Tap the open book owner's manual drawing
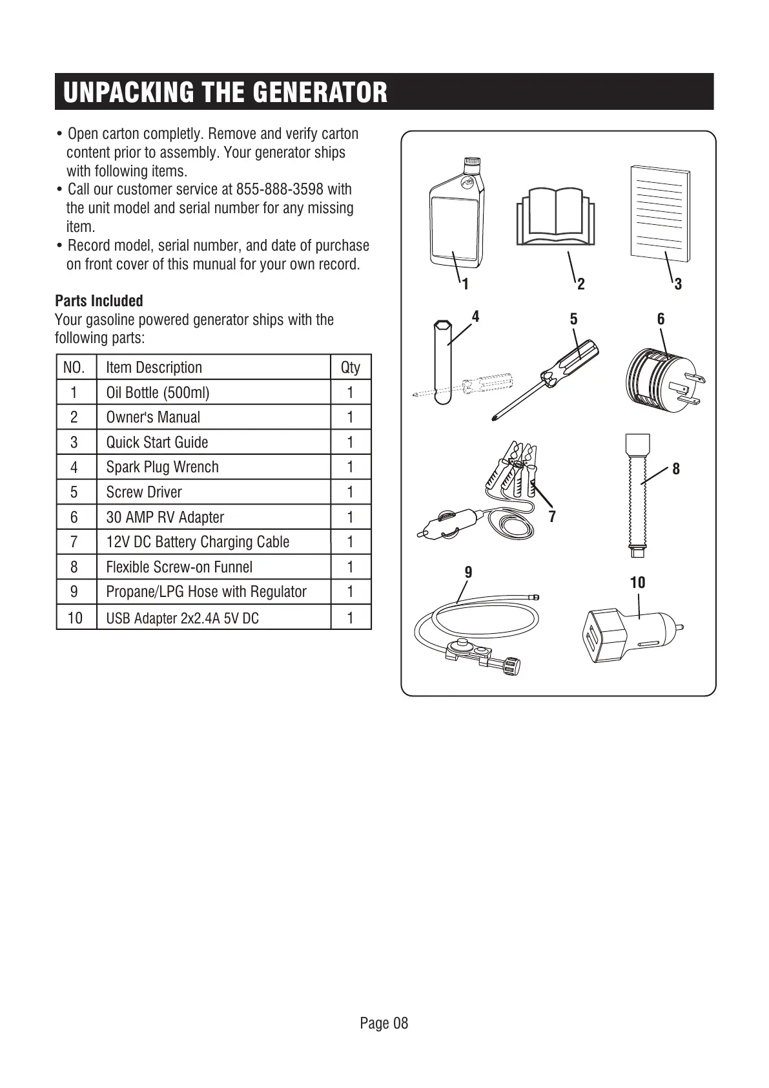coord(555,216)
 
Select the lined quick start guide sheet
coord(659,213)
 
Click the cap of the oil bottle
coord(472,165)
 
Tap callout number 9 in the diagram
coord(469,572)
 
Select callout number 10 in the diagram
coord(637,583)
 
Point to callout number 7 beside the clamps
coord(552,517)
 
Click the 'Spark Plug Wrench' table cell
coord(162,467)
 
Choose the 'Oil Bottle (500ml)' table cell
coord(158,393)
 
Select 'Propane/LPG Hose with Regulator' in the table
coord(206,592)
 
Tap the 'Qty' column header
coord(350,368)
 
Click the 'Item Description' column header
coord(154,368)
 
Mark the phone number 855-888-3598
coord(280,189)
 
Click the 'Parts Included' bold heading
coord(99,301)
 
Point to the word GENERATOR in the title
coord(320,92)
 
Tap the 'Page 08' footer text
coord(384,1023)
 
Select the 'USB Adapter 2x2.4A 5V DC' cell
coord(182,618)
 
